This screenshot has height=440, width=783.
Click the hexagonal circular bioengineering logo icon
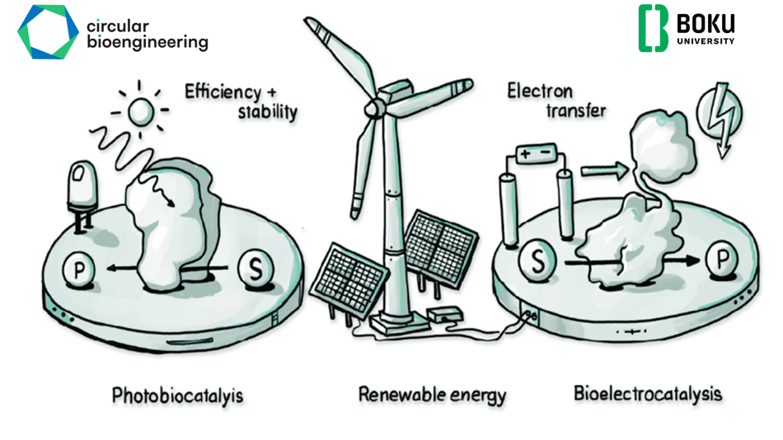tap(48, 32)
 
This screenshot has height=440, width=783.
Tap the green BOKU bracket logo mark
tap(653, 28)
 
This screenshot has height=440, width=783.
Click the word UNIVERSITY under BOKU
tap(706, 41)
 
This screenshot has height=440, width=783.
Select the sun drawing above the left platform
tap(140, 111)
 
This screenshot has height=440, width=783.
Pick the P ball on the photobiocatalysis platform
tap(78, 270)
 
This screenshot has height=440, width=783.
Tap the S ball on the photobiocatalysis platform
tap(256, 268)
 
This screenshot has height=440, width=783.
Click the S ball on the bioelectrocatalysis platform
tap(537, 260)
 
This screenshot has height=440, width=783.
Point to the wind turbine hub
tap(373, 107)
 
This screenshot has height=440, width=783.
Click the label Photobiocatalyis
tap(177, 396)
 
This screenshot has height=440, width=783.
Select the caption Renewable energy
tap(433, 395)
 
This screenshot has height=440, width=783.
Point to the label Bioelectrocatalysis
tap(648, 394)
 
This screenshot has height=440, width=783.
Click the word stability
tap(267, 112)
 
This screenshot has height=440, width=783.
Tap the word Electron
tap(540, 91)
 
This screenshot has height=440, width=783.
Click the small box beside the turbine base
tap(445, 315)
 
